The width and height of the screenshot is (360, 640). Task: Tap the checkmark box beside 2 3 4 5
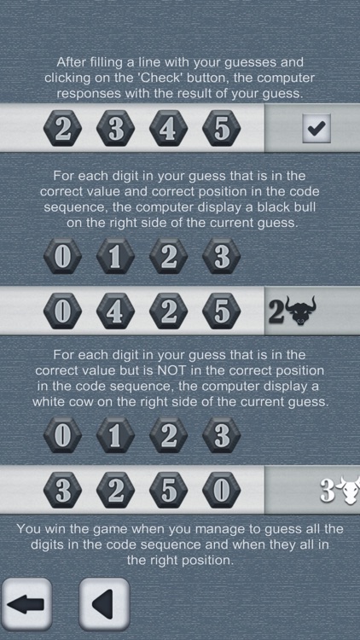[316, 129]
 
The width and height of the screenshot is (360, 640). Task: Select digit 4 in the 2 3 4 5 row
[167, 130]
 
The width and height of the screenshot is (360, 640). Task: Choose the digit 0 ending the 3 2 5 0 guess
[221, 491]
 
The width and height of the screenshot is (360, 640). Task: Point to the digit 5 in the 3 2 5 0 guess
[167, 491]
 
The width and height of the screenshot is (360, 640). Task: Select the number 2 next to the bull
[276, 313]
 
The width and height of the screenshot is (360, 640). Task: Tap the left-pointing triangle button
[104, 604]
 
